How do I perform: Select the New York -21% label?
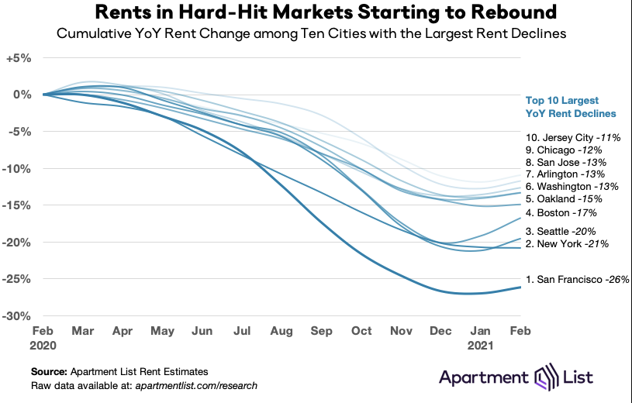567,243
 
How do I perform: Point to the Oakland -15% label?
566,199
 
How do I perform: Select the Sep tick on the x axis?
321,330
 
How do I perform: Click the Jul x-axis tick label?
242,330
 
